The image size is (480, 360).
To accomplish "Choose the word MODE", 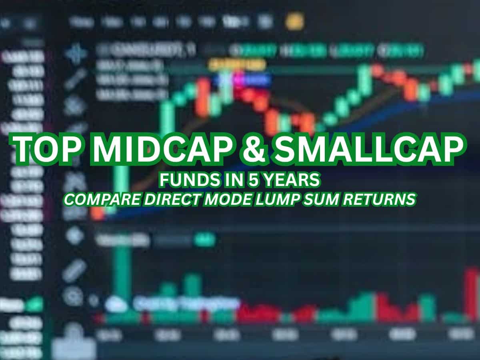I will tap(228, 200).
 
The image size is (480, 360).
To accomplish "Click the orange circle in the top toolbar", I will tap(295, 21).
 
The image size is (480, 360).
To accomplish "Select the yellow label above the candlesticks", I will tap(237, 64).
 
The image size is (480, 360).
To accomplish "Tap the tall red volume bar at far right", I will tap(472, 294).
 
